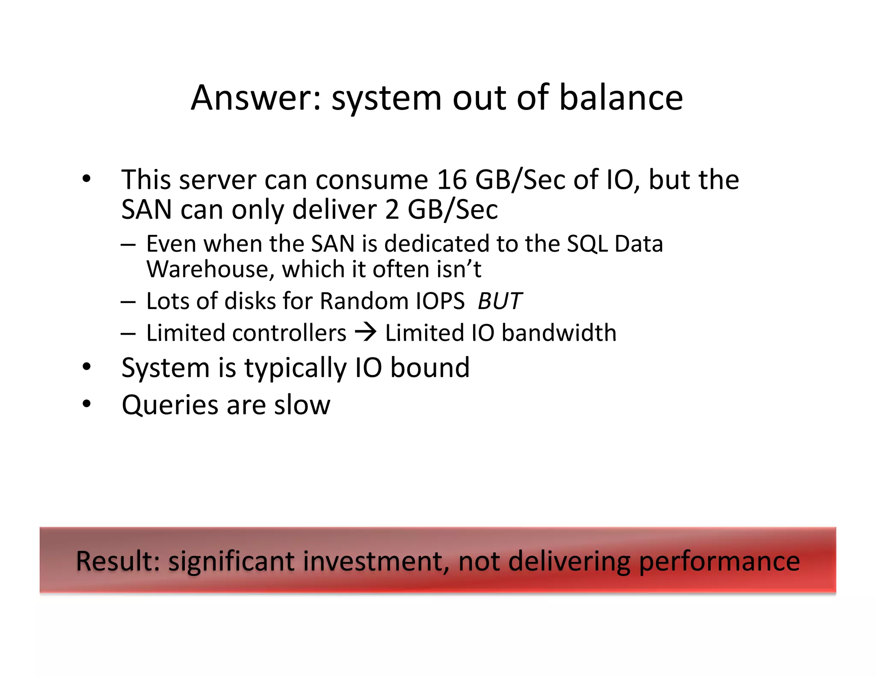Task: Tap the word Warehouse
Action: (x=208, y=270)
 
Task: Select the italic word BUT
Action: (x=500, y=301)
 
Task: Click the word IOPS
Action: (x=440, y=301)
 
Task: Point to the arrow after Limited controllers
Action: (x=366, y=333)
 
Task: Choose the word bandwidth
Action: (x=559, y=333)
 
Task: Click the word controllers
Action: (x=289, y=333)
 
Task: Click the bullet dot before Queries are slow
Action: (x=87, y=404)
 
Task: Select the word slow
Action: (x=302, y=405)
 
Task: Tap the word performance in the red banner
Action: (x=719, y=561)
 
